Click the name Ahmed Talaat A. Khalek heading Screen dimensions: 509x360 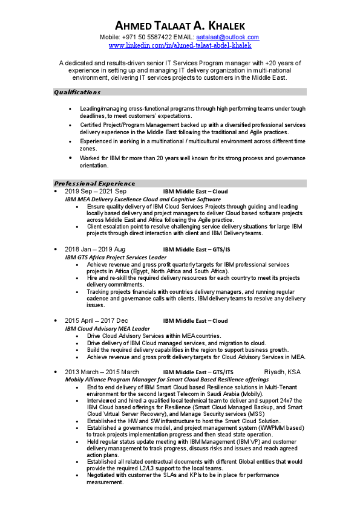(x=180, y=25)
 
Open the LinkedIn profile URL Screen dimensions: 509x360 (x=180, y=45)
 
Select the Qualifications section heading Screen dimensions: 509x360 (x=77, y=92)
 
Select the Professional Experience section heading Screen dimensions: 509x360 (x=94, y=183)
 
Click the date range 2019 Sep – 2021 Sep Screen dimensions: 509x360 (x=96, y=191)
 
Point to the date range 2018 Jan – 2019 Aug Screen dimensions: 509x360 (x=95, y=249)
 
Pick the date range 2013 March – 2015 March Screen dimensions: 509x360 (x=102, y=372)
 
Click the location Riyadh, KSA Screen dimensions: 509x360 (x=283, y=372)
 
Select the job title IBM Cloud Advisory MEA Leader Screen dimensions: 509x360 (x=108, y=328)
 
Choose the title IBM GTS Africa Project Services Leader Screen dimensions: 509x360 (x=116, y=257)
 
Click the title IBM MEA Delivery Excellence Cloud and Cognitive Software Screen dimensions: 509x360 (x=143, y=199)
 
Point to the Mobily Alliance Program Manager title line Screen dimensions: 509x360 (x=166, y=379)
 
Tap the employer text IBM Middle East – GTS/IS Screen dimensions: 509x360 (x=197, y=249)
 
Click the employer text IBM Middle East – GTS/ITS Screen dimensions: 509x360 (x=198, y=372)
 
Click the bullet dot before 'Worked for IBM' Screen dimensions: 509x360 (x=71, y=158)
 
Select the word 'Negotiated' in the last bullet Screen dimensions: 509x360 (x=102, y=476)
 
